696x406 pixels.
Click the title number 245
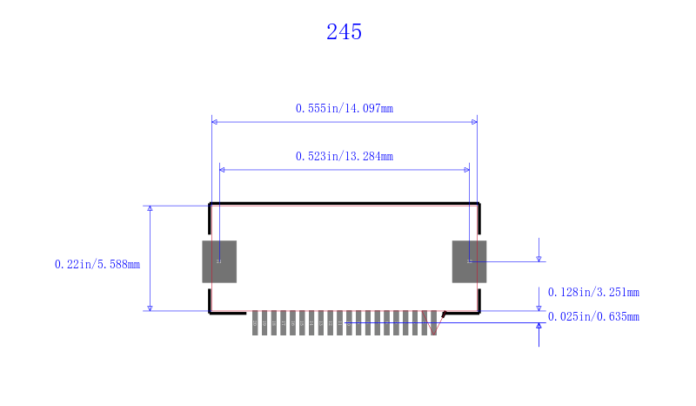344,32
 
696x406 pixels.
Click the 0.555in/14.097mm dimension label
344,109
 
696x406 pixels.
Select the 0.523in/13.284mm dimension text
344,157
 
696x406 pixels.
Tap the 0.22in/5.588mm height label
97,264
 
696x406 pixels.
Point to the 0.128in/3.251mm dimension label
592,293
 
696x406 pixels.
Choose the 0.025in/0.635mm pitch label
592,316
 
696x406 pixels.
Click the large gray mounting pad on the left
219,261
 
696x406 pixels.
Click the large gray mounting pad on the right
469,261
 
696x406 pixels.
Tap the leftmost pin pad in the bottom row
255,323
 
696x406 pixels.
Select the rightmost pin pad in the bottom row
433,323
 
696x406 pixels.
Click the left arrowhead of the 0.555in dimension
215,122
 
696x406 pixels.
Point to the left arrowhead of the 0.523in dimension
223,170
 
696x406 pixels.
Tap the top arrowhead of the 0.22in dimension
151,209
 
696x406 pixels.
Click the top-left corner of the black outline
210,204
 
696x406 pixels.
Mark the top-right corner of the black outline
478,204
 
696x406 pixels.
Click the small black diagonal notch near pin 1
444,314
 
